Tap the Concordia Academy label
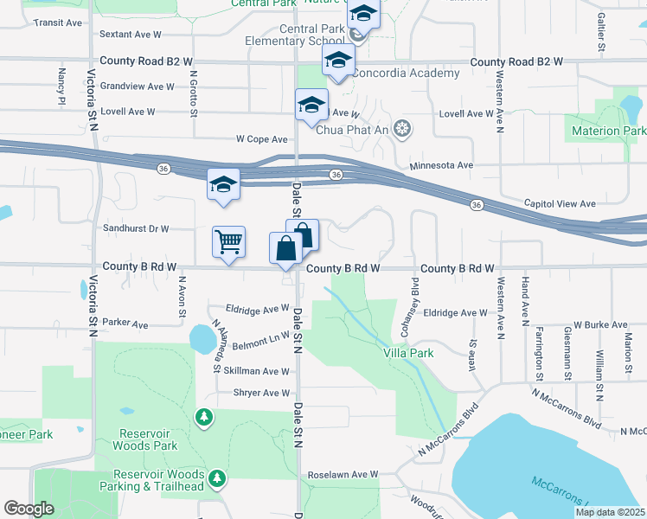[x=405, y=74]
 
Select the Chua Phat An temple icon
[x=400, y=130]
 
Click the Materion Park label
[x=605, y=131]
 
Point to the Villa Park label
[x=408, y=353]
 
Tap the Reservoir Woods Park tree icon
[x=203, y=418]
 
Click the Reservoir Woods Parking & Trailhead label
[x=159, y=480]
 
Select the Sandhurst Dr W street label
[x=134, y=228]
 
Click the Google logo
[x=29, y=509]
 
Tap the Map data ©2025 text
[x=609, y=512]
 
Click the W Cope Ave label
[x=261, y=138]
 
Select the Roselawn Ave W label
[x=344, y=474]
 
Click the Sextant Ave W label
[x=131, y=35]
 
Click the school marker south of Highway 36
[x=223, y=184]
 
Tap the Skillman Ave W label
[x=256, y=370]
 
